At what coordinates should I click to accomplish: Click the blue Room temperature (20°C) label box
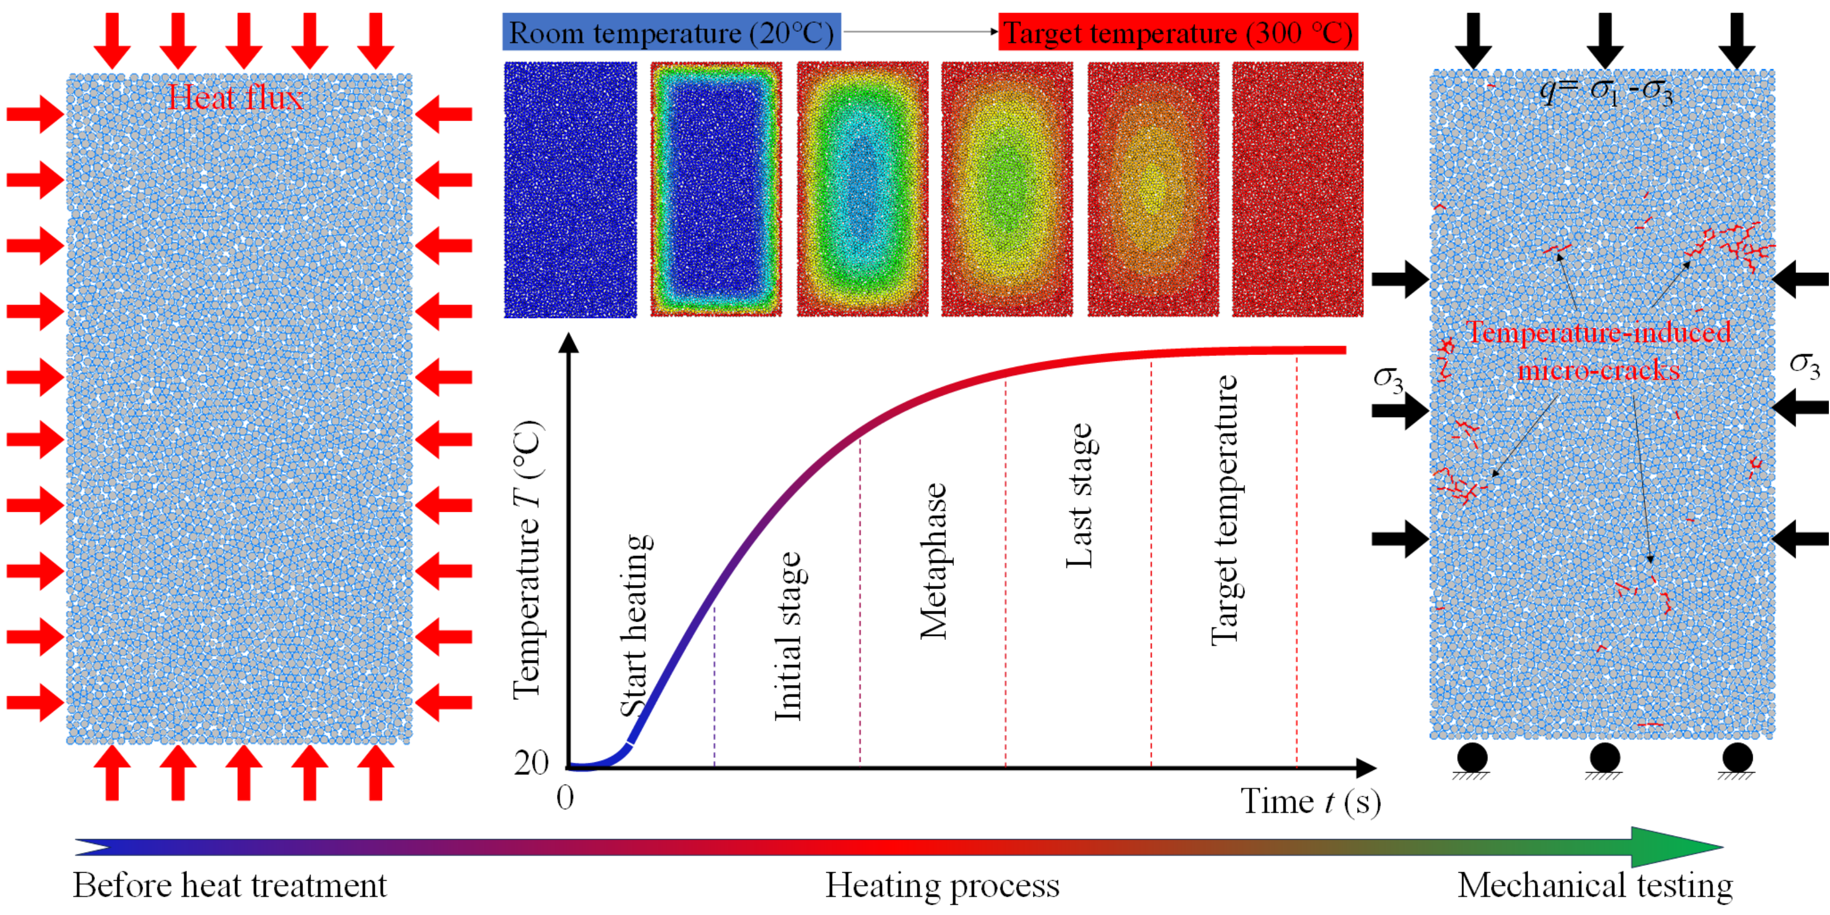671,33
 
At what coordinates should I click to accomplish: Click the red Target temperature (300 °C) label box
1178,33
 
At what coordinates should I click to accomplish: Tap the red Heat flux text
235,97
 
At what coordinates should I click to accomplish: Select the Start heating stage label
636,625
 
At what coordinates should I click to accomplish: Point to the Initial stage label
787,636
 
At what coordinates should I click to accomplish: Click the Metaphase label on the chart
933,561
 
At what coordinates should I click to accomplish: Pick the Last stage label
1079,496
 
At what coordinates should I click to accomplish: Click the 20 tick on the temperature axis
531,762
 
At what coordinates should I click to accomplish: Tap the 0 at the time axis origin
565,798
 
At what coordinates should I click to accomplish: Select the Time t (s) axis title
1311,801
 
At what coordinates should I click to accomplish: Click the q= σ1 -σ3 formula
1605,91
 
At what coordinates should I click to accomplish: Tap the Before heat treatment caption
229,886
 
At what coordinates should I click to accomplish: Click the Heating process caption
942,886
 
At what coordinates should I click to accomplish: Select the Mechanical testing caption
1595,886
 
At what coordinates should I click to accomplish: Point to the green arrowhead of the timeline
1677,847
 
